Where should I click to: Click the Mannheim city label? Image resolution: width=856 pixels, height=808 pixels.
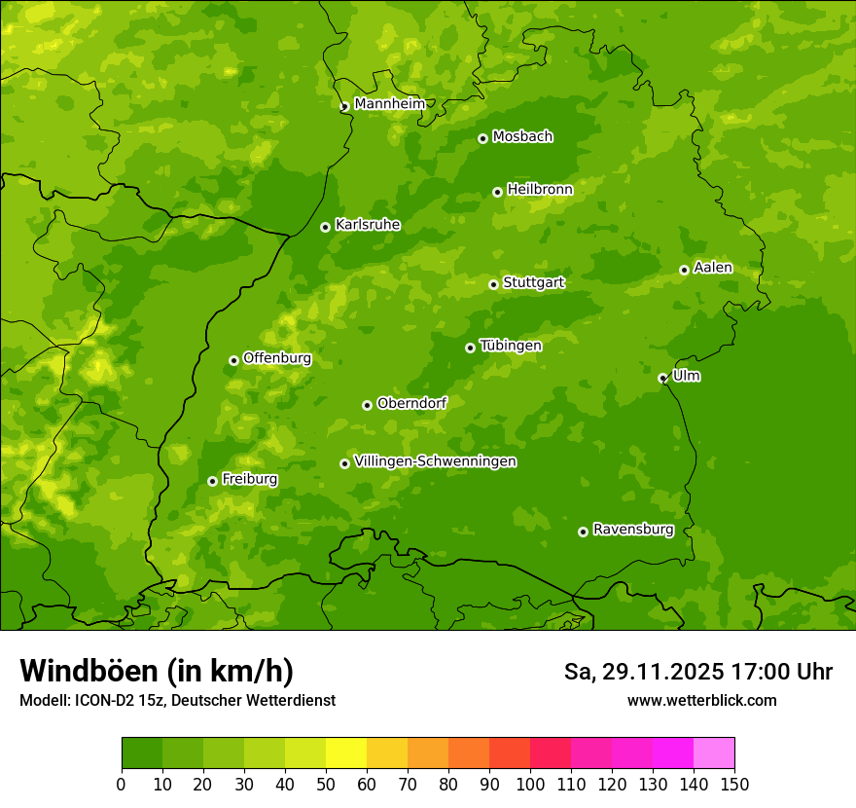click(389, 104)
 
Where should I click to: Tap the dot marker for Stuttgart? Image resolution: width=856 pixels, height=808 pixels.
click(493, 284)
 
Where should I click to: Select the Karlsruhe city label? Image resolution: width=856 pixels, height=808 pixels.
click(367, 225)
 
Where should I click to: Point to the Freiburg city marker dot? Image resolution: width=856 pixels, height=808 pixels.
click(212, 481)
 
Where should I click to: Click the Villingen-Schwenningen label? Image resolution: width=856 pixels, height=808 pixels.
click(435, 461)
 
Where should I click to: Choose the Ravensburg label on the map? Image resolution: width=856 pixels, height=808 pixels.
click(632, 530)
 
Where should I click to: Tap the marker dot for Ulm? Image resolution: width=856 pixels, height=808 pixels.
click(662, 378)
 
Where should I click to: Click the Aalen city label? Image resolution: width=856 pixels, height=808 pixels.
click(712, 268)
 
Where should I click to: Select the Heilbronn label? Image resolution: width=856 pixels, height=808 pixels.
click(539, 190)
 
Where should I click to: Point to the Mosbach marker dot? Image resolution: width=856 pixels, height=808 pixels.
click(482, 138)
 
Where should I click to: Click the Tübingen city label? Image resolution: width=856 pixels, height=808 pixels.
click(510, 346)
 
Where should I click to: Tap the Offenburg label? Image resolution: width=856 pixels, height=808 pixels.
click(276, 358)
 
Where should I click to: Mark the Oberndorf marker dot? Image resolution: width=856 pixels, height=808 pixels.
click(367, 405)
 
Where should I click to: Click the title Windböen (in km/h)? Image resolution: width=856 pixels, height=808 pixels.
click(156, 671)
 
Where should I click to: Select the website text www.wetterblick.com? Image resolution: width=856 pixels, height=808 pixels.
click(701, 700)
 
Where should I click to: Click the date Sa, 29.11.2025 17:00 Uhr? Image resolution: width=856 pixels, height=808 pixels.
click(697, 672)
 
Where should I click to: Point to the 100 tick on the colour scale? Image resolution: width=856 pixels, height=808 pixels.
click(530, 784)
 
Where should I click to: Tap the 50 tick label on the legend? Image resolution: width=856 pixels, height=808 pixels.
click(326, 784)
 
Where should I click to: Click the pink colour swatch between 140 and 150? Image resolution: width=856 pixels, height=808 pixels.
click(713, 753)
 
